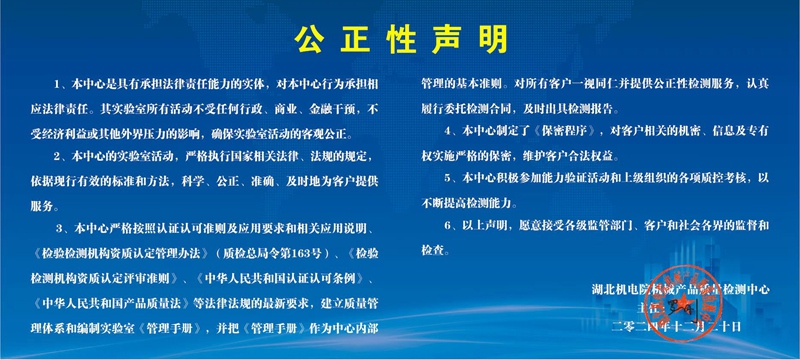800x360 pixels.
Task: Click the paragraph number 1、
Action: tap(62, 80)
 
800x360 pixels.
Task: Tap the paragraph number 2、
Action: tap(62, 158)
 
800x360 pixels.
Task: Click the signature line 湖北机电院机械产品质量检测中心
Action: tap(681, 290)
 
